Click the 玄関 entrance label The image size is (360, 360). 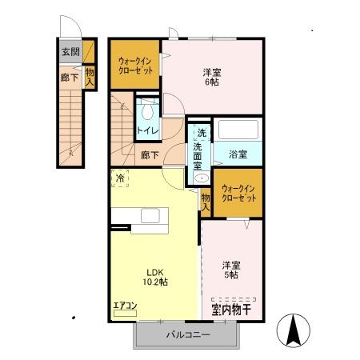click(x=70, y=54)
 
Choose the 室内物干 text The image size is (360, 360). click(x=231, y=308)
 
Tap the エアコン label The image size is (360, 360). click(x=125, y=305)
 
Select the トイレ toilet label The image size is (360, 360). click(x=148, y=130)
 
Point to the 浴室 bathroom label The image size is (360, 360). click(x=238, y=154)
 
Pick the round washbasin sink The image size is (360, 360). click(x=201, y=178)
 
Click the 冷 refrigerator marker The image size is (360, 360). click(x=119, y=178)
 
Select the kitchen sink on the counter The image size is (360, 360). click(x=149, y=215)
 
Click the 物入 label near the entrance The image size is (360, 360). click(x=90, y=76)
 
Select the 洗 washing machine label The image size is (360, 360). click(x=202, y=132)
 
